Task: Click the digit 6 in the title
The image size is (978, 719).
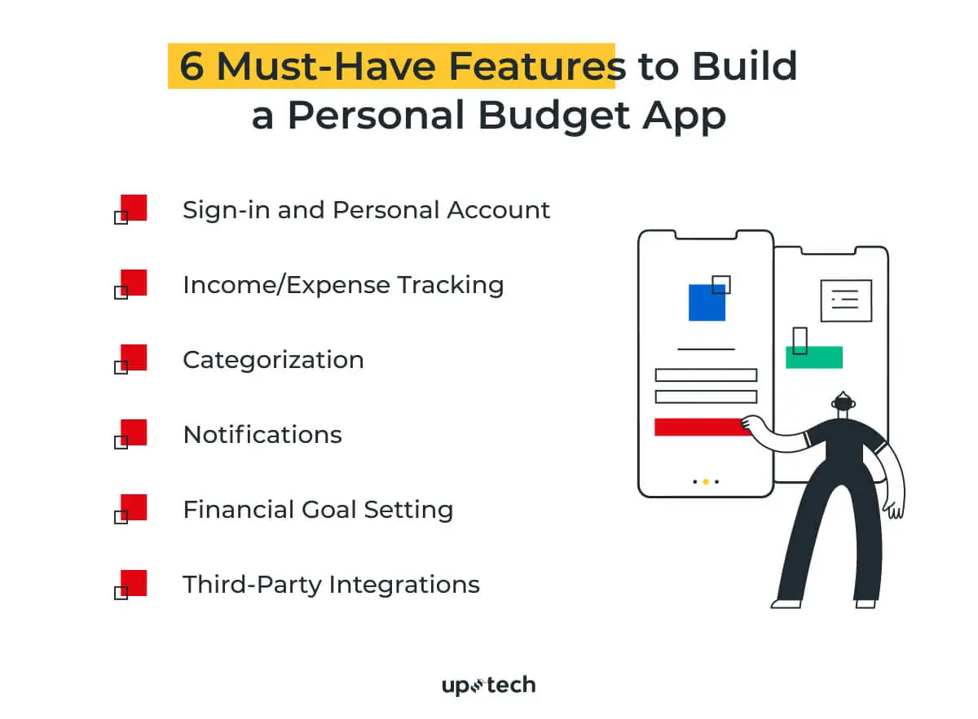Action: pyautogui.click(x=192, y=66)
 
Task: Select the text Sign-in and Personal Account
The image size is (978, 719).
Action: pyautogui.click(x=366, y=210)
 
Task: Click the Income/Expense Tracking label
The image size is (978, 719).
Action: pyautogui.click(x=343, y=285)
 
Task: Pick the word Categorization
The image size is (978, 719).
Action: pyautogui.click(x=273, y=360)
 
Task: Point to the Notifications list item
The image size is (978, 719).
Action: pyautogui.click(x=262, y=435)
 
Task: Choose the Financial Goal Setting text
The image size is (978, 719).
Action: pyautogui.click(x=318, y=510)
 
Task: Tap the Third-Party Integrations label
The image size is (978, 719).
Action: pyautogui.click(x=331, y=585)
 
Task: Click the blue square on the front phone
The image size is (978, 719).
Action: pyautogui.click(x=706, y=302)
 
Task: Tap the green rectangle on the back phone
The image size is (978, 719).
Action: pyautogui.click(x=814, y=357)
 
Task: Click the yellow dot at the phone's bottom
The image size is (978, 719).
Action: pyautogui.click(x=706, y=482)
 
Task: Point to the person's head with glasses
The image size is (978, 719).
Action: pyautogui.click(x=843, y=402)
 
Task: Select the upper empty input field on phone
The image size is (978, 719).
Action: pyautogui.click(x=706, y=375)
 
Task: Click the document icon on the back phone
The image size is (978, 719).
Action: pyautogui.click(x=846, y=300)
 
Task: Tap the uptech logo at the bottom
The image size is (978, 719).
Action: pyautogui.click(x=488, y=686)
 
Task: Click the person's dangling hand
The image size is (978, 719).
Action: pyautogui.click(x=895, y=510)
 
